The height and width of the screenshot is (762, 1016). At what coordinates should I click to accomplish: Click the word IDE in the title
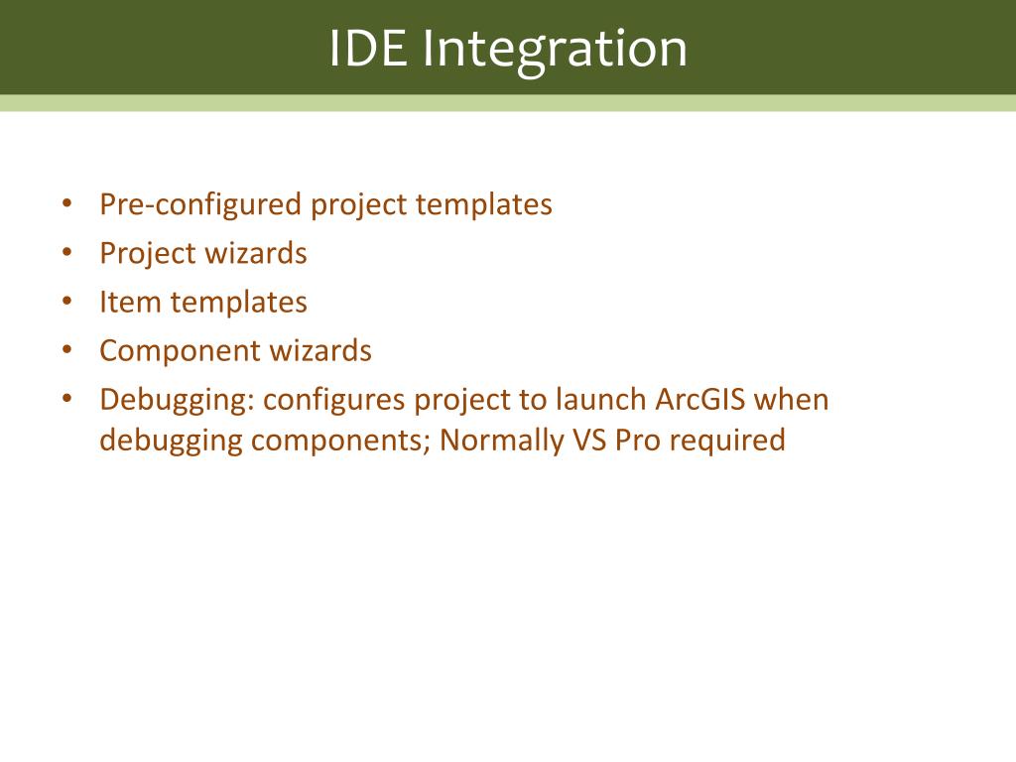coord(369,48)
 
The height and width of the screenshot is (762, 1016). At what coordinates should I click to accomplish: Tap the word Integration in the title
coord(555,52)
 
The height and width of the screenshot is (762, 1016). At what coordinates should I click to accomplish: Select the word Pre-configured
coord(200,205)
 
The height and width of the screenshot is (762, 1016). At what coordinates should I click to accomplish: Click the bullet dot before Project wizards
coord(67,252)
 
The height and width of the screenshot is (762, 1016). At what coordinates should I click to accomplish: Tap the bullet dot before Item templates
coord(67,301)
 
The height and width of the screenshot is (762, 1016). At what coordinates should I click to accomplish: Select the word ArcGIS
coord(699,400)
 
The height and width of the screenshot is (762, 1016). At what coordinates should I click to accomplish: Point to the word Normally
coord(501,442)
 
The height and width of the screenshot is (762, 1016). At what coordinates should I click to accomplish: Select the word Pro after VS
coord(638,441)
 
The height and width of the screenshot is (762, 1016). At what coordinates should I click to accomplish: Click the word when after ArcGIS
coord(791,400)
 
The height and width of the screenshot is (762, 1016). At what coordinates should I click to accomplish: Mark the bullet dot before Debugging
coord(67,399)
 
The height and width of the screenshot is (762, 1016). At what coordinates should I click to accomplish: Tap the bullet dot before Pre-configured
coord(67,203)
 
